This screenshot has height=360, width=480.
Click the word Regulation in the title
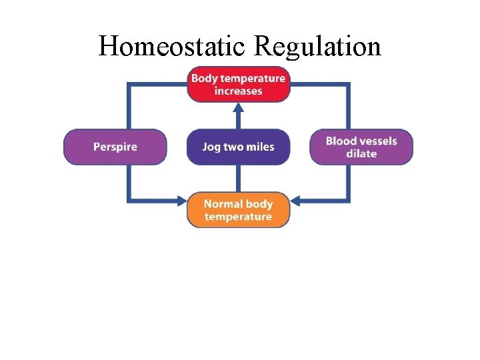[x=317, y=47]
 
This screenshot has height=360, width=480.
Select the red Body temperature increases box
[x=239, y=85]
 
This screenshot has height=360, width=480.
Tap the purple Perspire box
[x=115, y=147]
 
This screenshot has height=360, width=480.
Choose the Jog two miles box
[x=239, y=147]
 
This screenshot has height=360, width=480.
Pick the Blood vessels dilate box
[x=361, y=147]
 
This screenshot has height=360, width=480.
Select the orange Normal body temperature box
[x=239, y=210]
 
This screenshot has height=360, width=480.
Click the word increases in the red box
[x=239, y=91]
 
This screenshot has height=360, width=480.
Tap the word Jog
[x=212, y=147]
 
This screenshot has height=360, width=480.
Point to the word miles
[x=260, y=147]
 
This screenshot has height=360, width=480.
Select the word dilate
[x=361, y=154]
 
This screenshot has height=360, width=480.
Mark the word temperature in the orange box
[x=239, y=217]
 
